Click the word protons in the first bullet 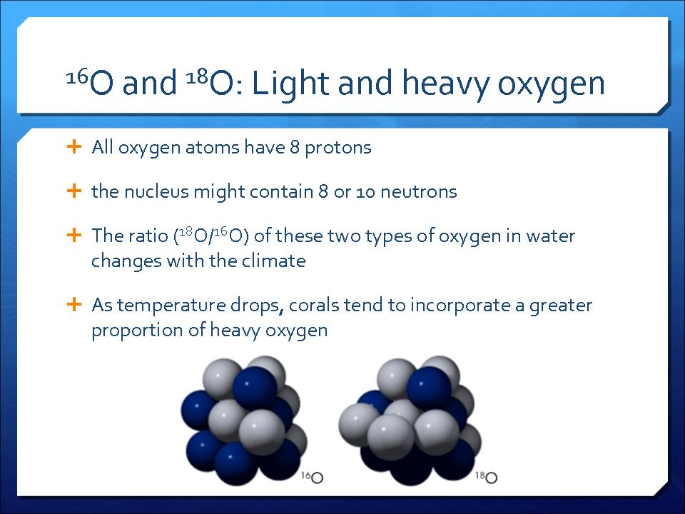click(x=338, y=148)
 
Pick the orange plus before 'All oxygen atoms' click(x=74, y=146)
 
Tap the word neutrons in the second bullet click(x=419, y=192)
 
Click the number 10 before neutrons click(x=365, y=192)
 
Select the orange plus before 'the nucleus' click(x=74, y=191)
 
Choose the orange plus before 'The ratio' click(x=74, y=235)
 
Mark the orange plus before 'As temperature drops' click(x=74, y=304)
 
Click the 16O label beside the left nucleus click(x=312, y=477)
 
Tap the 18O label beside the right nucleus click(x=486, y=477)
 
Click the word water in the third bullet click(x=550, y=236)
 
